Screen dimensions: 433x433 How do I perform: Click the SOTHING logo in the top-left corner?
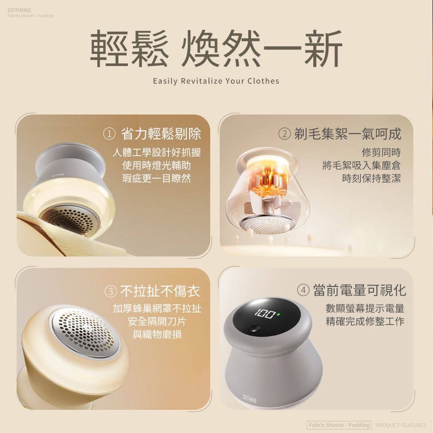tap(19, 10)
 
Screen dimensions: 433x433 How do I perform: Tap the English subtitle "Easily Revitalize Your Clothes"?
tap(216, 81)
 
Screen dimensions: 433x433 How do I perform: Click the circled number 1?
tap(109, 134)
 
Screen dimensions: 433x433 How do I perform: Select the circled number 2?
tap(285, 134)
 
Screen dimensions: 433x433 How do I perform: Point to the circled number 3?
tap(110, 291)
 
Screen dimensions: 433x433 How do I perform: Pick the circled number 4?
tap(303, 290)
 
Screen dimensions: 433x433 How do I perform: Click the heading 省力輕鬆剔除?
tap(161, 134)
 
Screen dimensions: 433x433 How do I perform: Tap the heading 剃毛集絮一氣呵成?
tap(348, 134)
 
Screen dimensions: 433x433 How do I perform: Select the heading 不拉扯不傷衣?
tap(160, 291)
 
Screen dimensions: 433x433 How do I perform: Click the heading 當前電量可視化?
tap(359, 290)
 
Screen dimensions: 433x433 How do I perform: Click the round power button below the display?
tap(254, 329)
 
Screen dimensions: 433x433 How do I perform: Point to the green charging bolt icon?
tap(278, 314)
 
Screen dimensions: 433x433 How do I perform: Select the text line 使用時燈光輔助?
tap(156, 165)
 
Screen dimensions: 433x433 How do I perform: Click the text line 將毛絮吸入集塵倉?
tap(362, 165)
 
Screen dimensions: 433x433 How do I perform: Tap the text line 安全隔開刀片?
tap(157, 321)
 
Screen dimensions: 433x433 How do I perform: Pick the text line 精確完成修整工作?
tap(365, 321)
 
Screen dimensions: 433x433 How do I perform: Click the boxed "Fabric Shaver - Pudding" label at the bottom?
tap(339, 425)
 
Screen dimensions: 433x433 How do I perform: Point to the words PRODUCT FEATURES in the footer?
tap(401, 425)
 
